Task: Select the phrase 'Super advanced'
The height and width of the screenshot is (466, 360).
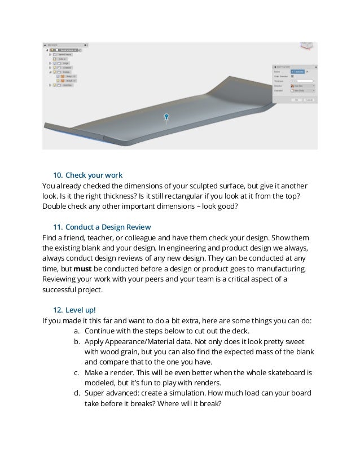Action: (x=111, y=394)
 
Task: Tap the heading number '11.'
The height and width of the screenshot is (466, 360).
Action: (x=57, y=227)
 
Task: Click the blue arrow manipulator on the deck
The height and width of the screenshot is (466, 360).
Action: (x=166, y=117)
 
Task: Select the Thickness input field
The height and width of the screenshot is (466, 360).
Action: (x=302, y=81)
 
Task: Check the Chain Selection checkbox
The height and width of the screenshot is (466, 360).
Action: (x=292, y=76)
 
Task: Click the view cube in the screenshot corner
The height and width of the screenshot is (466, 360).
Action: (x=307, y=45)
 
